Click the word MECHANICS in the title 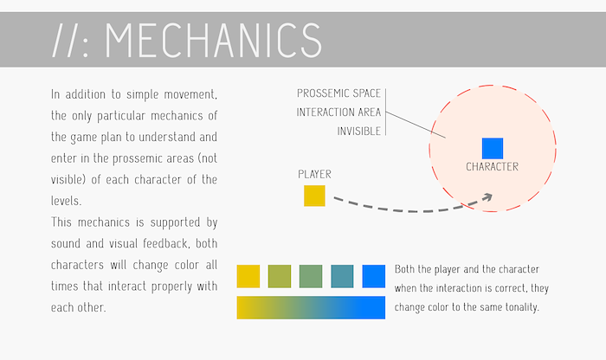pos(213,40)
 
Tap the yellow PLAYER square pos(314,196)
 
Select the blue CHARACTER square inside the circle pos(493,148)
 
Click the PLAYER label pos(314,174)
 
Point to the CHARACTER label pos(492,167)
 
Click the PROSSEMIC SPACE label pos(339,93)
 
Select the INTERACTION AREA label pos(338,112)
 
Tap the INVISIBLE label pos(359,132)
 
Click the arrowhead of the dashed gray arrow pos(487,197)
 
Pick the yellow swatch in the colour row pos(248,276)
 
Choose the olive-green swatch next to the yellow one pos(280,276)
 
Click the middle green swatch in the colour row pos(311,276)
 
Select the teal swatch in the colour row pos(342,276)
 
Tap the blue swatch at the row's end pos(374,276)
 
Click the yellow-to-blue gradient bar pos(311,307)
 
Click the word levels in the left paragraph pos(66,201)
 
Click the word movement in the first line pos(190,94)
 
